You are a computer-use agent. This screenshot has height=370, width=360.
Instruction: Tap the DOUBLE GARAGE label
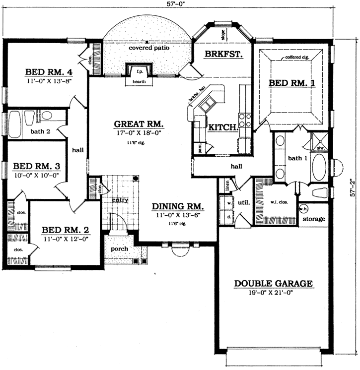(273, 284)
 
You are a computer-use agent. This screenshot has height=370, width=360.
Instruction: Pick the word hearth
(140, 82)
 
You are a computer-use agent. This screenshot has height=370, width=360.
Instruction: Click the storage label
(314, 219)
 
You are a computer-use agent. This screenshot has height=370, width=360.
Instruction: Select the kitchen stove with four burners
(245, 121)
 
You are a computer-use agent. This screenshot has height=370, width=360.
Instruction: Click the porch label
(120, 249)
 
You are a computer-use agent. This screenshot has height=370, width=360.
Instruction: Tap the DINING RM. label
(179, 206)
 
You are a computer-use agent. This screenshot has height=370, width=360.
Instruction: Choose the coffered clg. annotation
(297, 58)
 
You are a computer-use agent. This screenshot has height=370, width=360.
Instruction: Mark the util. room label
(244, 203)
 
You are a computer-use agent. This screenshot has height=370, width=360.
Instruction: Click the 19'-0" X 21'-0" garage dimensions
(273, 294)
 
